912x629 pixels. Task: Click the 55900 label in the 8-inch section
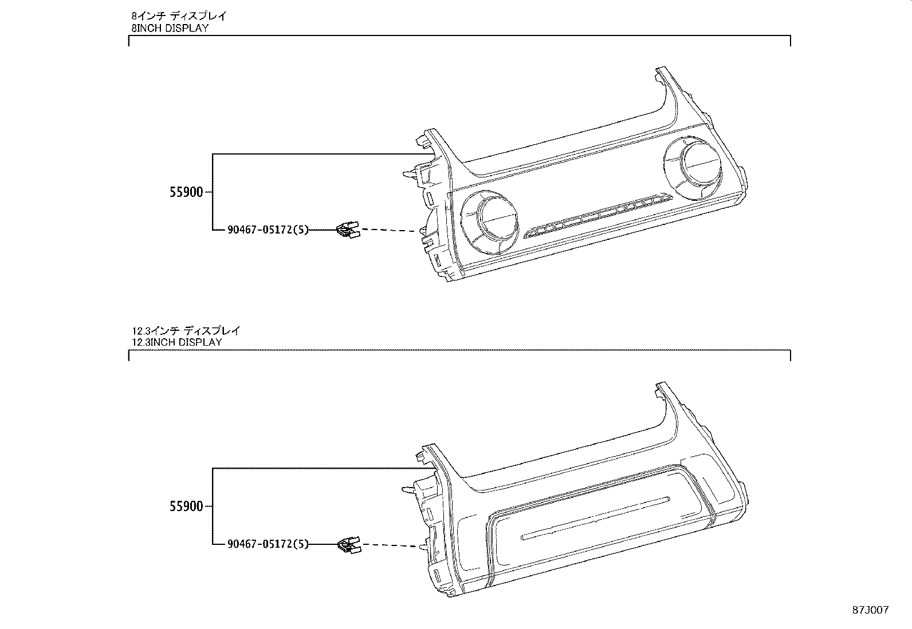pos(186,192)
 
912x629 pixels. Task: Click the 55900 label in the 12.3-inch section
pos(186,507)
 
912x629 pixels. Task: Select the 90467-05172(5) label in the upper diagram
pos(268,230)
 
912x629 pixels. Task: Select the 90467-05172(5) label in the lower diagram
pos(268,544)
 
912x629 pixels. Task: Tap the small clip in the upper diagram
pos(347,230)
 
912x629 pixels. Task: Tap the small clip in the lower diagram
pos(348,545)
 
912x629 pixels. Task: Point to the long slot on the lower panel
pos(596,517)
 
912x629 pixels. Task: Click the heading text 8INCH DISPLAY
pos(170,27)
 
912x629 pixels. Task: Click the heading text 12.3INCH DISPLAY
pos(177,342)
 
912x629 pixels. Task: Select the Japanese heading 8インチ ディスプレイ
pos(179,16)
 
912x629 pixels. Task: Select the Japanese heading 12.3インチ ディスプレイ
pos(186,330)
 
